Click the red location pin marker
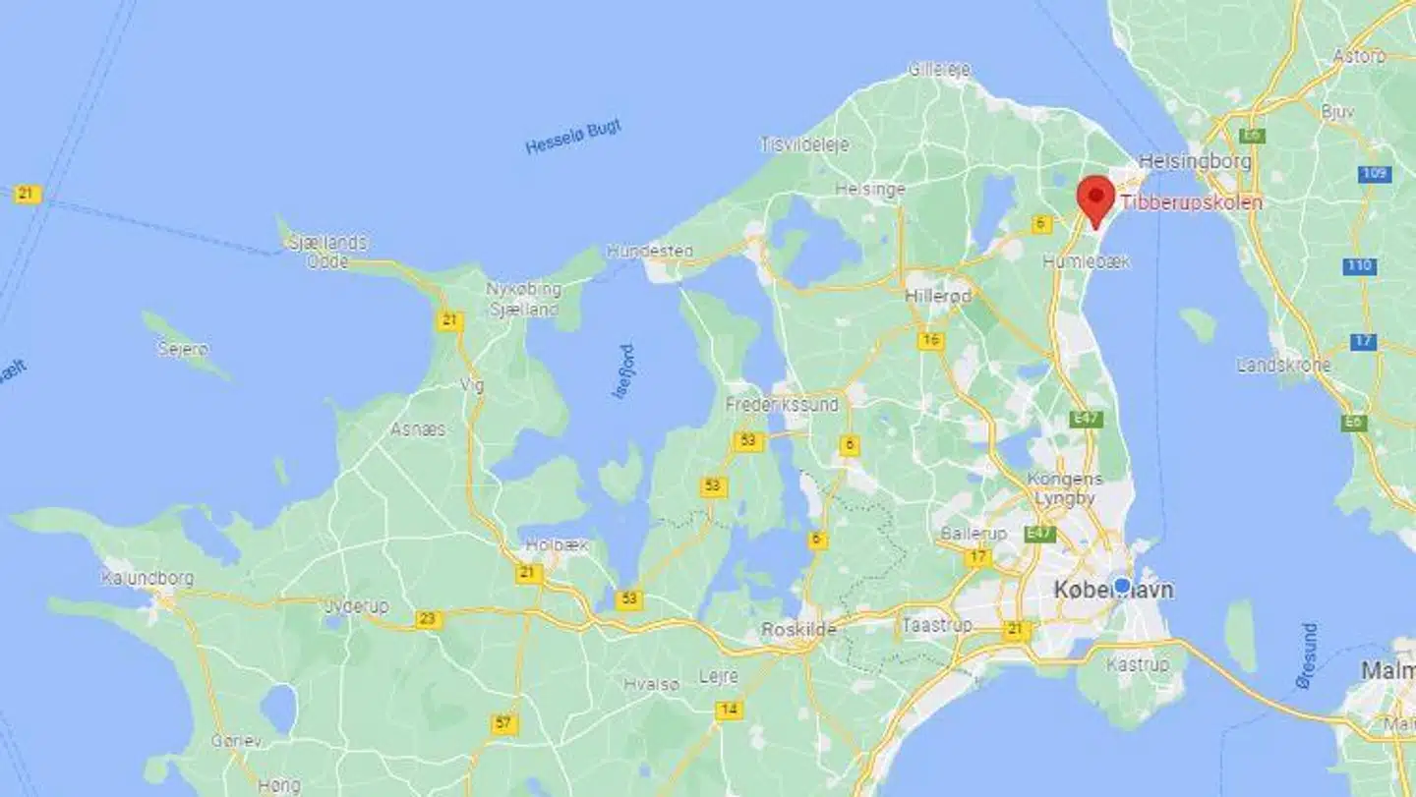click(x=1094, y=198)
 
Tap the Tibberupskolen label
click(x=1191, y=203)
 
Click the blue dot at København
click(x=1122, y=585)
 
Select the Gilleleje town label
click(x=939, y=69)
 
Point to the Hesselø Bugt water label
click(x=573, y=138)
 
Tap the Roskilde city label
click(x=799, y=629)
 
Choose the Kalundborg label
click(x=147, y=578)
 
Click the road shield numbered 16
click(x=930, y=341)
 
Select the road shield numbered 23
click(x=429, y=619)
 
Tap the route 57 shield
click(x=503, y=724)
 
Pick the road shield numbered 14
click(x=729, y=710)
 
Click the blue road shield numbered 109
click(x=1374, y=174)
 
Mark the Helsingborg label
click(x=1194, y=160)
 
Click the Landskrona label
click(x=1282, y=366)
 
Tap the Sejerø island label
click(x=182, y=349)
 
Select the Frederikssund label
click(x=782, y=404)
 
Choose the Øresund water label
click(x=1307, y=655)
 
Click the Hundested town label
click(x=649, y=251)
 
